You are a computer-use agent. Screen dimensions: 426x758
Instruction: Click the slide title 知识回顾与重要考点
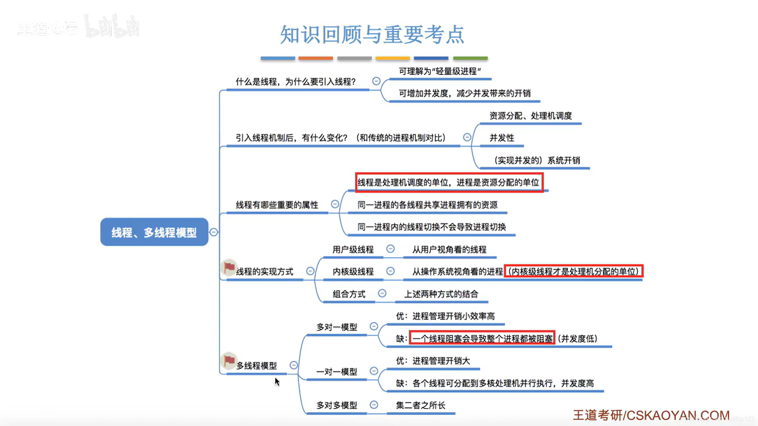[372, 35]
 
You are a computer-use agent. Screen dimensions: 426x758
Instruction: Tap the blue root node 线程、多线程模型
[154, 232]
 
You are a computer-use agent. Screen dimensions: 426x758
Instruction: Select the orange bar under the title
[315, 58]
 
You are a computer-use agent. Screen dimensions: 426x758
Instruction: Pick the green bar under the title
[470, 58]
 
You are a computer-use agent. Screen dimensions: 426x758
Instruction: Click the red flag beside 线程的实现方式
[229, 267]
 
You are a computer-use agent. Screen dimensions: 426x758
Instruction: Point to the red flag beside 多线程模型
[229, 360]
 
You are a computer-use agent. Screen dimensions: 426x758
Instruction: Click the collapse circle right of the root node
[214, 232]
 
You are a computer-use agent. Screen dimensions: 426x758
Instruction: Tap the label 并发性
[502, 138]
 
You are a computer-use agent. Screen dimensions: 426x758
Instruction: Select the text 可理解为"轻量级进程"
[440, 71]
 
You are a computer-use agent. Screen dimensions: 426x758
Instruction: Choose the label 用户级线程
[353, 250]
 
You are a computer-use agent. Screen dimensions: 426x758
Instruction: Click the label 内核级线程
[353, 272]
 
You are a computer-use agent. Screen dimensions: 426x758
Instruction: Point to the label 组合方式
[349, 294]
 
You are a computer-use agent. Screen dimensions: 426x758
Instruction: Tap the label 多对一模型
[337, 327]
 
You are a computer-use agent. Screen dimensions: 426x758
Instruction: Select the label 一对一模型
[337, 372]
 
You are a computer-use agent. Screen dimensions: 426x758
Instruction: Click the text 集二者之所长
[420, 405]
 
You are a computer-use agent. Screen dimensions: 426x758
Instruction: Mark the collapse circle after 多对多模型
[374, 405]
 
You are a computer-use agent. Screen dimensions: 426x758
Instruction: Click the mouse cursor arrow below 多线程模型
[277, 381]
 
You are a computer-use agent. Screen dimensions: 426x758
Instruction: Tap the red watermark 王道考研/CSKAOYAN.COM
[651, 415]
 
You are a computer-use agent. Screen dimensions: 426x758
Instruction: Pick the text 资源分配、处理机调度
[531, 116]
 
